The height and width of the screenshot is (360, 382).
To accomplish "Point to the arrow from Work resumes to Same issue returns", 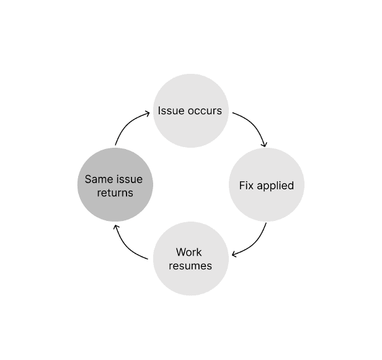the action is coord(127,245).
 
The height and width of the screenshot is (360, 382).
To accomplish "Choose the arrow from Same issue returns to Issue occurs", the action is coord(127,125).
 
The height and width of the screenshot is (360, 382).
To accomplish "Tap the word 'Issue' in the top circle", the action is coord(171,111).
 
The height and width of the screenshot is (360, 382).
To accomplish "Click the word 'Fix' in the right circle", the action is coord(247,186).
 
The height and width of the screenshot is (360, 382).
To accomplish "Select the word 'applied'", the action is coord(275,186).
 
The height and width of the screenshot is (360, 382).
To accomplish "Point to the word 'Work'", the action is coord(189,252).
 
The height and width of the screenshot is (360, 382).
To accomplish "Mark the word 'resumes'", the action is coord(190,266).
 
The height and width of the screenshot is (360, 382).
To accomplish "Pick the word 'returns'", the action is coord(115,192).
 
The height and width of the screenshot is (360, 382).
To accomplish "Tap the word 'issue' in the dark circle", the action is coord(130,179).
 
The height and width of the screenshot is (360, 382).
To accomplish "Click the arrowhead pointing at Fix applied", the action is coord(265,145).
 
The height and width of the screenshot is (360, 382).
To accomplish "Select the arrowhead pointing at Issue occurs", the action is coord(148,113).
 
